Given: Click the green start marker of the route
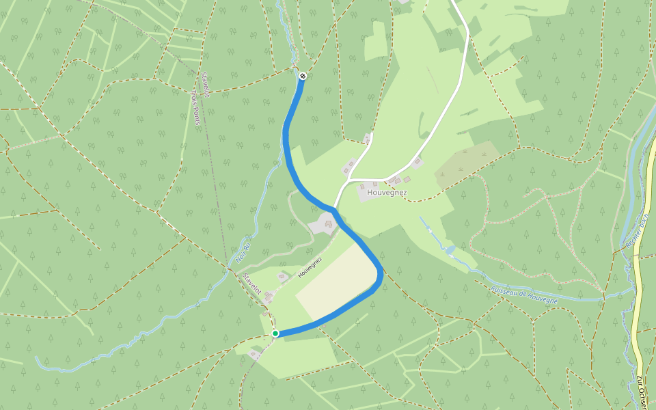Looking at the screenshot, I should pos(275,333).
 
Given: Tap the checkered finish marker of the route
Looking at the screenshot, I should pos(302,76).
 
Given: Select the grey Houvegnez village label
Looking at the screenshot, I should pos(387,193).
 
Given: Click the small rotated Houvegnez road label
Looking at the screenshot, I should pos(310,266).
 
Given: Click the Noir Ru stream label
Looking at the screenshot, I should pos(242,251).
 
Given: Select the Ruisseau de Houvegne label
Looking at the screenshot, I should pos(524,294).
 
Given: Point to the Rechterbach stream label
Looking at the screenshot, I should pos(636,232).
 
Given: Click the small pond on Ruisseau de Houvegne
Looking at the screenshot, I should pos(450,251).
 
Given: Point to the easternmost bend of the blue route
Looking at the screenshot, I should pos(380,273).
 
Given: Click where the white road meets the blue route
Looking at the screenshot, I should pos(334,208).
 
